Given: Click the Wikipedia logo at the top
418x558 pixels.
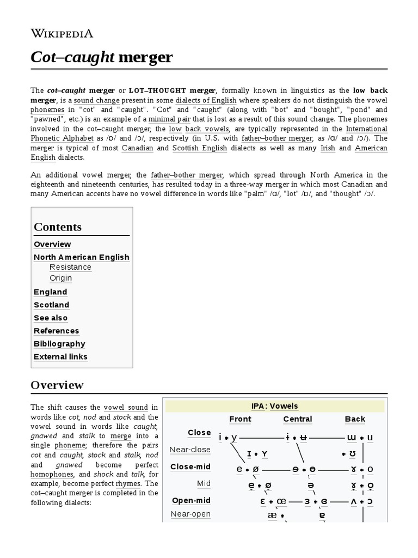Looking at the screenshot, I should [62, 33].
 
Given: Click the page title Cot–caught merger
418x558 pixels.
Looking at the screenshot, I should [101, 57].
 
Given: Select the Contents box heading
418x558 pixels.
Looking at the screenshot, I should [58, 227].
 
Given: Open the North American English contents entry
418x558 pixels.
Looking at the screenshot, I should [81, 257].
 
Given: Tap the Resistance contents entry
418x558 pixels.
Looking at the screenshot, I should [70, 267].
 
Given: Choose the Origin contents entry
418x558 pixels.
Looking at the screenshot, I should [60, 278].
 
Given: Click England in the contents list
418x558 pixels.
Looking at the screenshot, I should [50, 292].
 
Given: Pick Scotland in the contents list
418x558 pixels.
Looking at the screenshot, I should [51, 305].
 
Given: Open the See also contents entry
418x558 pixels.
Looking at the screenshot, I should [50, 318].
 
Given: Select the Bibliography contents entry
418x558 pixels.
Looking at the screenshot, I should [59, 344].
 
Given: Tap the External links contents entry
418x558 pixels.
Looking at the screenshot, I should [60, 357].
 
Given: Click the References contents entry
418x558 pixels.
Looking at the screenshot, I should [56, 331].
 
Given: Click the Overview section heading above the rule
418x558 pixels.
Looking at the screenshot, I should [57, 385].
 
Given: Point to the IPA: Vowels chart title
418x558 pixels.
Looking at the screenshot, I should [275, 406].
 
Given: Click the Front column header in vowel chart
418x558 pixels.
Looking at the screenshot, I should [240, 419].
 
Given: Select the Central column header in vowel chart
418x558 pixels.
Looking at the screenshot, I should [297, 419].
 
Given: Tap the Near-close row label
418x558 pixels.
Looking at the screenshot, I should [190, 450].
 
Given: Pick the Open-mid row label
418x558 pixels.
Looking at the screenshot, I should [191, 500].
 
